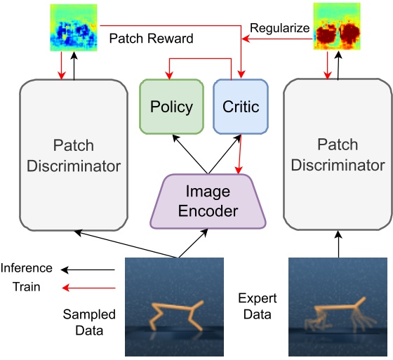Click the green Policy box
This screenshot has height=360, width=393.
point(172,107)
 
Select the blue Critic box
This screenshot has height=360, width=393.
point(241,107)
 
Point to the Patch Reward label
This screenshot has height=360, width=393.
point(151,39)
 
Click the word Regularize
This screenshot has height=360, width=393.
point(279,27)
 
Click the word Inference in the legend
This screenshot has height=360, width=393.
point(27,268)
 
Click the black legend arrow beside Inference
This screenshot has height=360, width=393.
point(87,269)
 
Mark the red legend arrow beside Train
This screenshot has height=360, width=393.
point(87,287)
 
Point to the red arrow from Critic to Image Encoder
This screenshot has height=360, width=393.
point(240,154)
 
